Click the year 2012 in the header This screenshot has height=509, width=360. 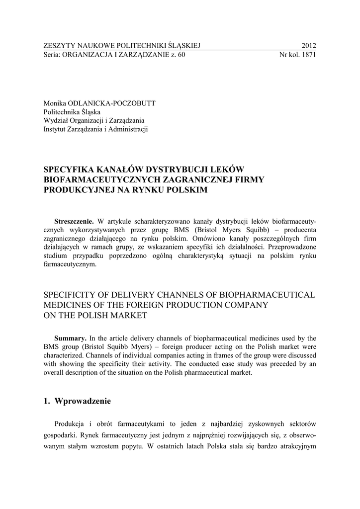click(x=308, y=46)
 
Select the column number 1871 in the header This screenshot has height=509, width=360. click(x=308, y=55)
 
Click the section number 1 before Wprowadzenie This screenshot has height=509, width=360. click(x=47, y=401)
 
